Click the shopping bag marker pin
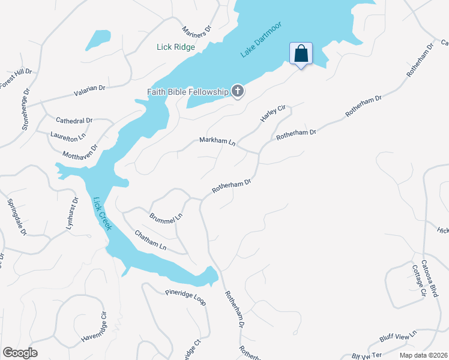coord(301,53)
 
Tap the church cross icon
coord(238,92)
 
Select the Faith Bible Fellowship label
coord(188,92)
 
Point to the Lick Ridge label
coord(176,47)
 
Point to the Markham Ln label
coord(217,142)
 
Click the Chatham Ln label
coord(150,240)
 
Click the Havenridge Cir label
coord(94,328)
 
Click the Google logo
coord(20,352)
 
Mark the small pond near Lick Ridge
coord(98,40)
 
